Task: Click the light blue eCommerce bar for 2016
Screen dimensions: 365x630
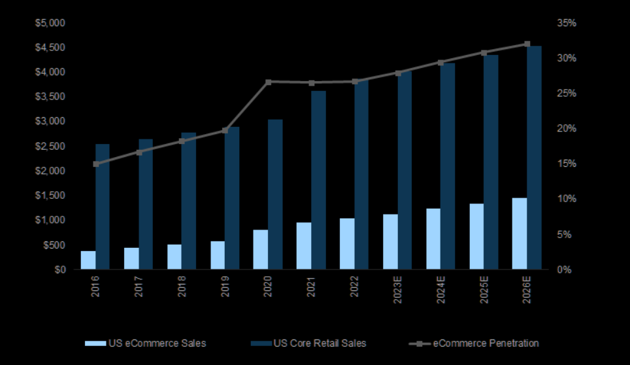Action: tap(88, 260)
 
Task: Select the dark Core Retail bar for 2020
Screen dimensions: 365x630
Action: tap(275, 194)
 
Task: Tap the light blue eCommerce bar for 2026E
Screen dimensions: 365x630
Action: tap(520, 234)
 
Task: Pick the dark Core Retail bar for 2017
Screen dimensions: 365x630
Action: tap(146, 204)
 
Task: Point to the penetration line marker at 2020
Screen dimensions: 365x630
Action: tap(269, 82)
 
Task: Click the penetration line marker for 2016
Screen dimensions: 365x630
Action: tap(96, 164)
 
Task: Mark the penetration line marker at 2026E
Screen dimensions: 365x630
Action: tap(527, 44)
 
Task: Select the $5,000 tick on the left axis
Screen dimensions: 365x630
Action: tap(51, 23)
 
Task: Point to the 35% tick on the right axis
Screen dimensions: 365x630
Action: tap(566, 23)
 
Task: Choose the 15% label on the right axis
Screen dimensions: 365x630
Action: tap(566, 164)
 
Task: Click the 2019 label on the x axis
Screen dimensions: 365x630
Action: tap(225, 287)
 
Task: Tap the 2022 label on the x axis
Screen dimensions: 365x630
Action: tap(355, 287)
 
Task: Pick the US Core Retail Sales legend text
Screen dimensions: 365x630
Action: tap(320, 343)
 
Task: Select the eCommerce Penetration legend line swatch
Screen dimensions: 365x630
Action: tap(416, 343)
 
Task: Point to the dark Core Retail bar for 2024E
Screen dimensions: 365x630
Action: tap(448, 166)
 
